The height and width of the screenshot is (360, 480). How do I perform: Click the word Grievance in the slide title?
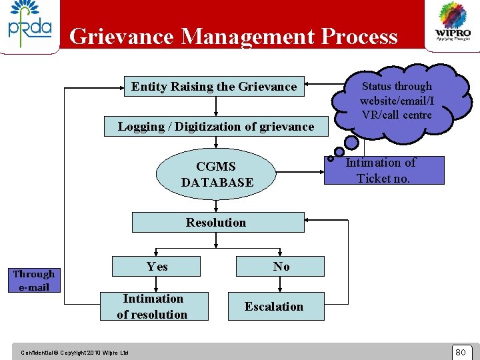point(123,36)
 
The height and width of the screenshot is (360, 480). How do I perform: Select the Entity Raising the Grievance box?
point(214,87)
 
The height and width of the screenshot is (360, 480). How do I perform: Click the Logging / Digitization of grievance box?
point(215,127)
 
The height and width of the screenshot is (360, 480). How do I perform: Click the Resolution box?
point(217,223)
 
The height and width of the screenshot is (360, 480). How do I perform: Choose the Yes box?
point(157,267)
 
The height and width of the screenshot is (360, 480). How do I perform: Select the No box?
point(281,267)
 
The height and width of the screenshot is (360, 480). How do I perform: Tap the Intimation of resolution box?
point(153,307)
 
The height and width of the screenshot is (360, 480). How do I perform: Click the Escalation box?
point(274,307)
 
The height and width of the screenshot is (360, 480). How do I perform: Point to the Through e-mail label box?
point(34,280)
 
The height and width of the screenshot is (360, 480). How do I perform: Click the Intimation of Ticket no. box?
point(383,171)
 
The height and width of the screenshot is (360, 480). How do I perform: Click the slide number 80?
point(460,351)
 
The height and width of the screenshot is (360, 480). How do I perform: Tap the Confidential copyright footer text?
point(75,352)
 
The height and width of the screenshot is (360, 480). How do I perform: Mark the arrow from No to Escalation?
point(280,284)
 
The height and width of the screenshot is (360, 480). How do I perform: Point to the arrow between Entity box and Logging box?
point(215,107)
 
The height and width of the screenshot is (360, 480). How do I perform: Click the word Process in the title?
point(359,36)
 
